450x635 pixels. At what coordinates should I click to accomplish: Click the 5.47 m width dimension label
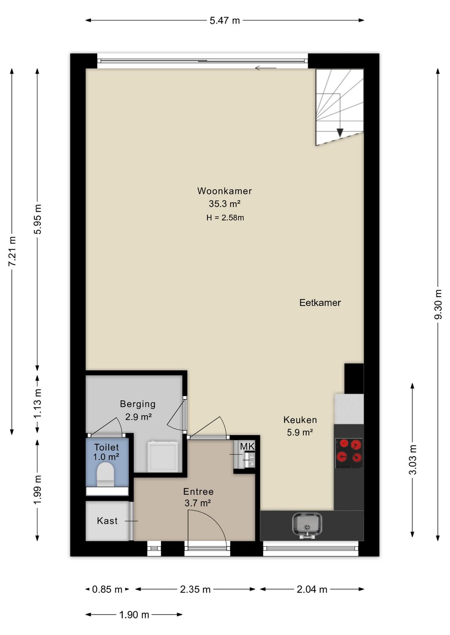coord(225,20)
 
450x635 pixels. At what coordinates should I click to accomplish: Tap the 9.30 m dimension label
coord(438,304)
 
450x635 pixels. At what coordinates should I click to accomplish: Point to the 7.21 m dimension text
coord(12,251)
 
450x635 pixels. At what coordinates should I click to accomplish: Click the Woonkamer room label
coord(225,191)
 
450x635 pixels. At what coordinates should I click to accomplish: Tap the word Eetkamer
coord(320,303)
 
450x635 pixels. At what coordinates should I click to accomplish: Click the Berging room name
coord(137,404)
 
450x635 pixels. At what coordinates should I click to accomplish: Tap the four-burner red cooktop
coord(349,453)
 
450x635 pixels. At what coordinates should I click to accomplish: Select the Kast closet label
coord(107,521)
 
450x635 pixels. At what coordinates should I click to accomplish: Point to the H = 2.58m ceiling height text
coord(225,218)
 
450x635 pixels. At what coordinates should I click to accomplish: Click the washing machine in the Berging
coord(163,456)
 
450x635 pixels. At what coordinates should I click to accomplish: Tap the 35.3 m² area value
coord(225,204)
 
